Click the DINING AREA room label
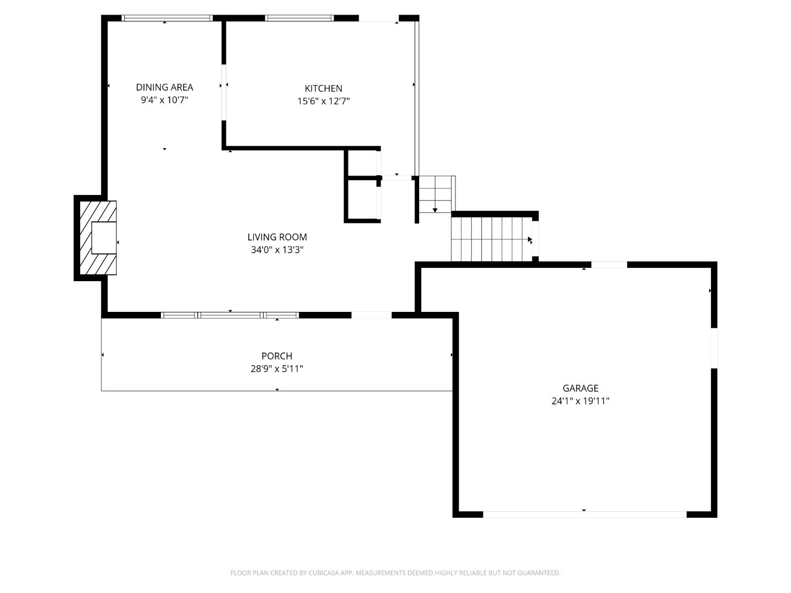click(x=164, y=87)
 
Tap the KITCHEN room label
click(x=324, y=88)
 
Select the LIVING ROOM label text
click(x=277, y=237)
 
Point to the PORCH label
click(x=277, y=356)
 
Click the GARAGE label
click(x=580, y=388)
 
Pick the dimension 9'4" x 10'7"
click(x=164, y=100)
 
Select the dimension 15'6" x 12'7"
click(x=324, y=101)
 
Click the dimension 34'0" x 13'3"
click(x=277, y=250)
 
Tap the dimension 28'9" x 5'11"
click(x=277, y=369)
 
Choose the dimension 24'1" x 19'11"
click(x=580, y=401)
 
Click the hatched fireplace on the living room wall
click(x=98, y=238)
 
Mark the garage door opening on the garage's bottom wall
click(x=584, y=514)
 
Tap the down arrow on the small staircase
click(x=435, y=209)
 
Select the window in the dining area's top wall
click(x=166, y=18)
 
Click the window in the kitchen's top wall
click(x=299, y=18)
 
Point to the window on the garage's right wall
click(x=714, y=348)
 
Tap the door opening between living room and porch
click(x=371, y=315)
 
